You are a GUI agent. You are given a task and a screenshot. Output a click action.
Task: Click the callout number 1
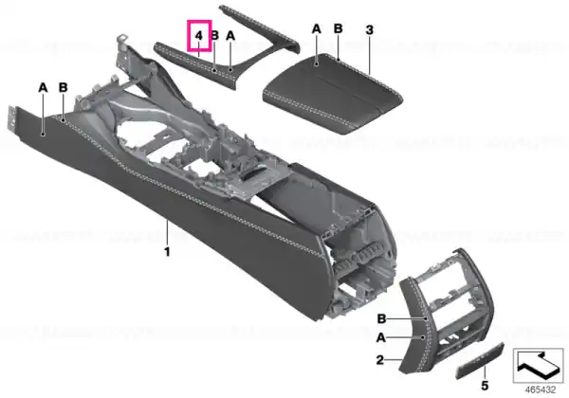coord(167,251)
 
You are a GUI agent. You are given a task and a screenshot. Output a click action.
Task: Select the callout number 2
coord(380,360)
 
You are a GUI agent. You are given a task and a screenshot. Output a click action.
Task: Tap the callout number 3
coord(370,29)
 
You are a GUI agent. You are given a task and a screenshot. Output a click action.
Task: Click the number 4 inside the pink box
coord(198,35)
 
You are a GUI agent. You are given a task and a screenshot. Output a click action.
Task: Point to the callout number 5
coord(485,386)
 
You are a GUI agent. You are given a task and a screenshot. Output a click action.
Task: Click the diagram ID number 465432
coord(541,389)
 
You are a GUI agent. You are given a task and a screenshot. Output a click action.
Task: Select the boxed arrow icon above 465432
coord(538,366)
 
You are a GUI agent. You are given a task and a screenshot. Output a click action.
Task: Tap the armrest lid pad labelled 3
coord(333,94)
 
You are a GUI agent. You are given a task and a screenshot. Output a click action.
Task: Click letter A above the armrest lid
coord(317,29)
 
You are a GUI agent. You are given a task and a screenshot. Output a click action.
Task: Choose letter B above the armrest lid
coord(339,28)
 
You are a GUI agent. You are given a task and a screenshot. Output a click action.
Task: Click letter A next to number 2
coord(380,338)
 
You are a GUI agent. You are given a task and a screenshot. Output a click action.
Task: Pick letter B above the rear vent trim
coord(381,319)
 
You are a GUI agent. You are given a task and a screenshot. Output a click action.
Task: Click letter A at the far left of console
coord(43,88)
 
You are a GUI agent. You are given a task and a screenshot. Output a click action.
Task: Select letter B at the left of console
coord(64,87)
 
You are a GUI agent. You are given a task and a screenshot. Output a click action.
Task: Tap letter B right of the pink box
coord(215,35)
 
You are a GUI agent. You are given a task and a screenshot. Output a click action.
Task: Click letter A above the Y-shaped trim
coord(230,36)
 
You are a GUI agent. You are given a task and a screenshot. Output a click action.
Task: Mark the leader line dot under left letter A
coord(44,135)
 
